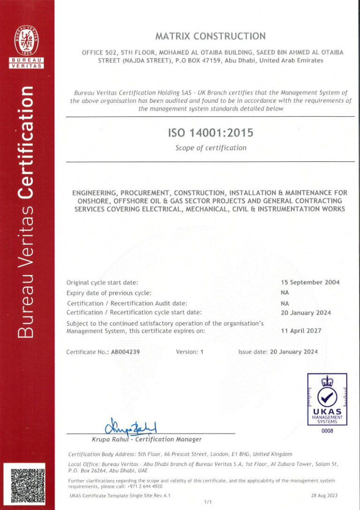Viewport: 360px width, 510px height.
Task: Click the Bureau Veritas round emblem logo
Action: click(27, 40)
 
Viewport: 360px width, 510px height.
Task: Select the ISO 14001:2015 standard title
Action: click(210, 133)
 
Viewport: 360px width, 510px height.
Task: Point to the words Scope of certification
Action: click(210, 148)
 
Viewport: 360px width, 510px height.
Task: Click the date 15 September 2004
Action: click(310, 282)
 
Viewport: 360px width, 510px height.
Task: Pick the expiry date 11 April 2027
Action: click(301, 331)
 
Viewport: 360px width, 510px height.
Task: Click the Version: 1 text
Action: click(189, 351)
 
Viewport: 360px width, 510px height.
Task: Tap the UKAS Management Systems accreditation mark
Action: click(327, 399)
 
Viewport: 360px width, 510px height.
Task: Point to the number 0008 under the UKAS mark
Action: click(327, 431)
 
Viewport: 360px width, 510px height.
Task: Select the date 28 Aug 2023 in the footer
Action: click(324, 495)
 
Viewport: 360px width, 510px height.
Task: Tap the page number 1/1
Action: click(208, 502)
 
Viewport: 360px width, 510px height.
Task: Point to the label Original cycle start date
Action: click(102, 282)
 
